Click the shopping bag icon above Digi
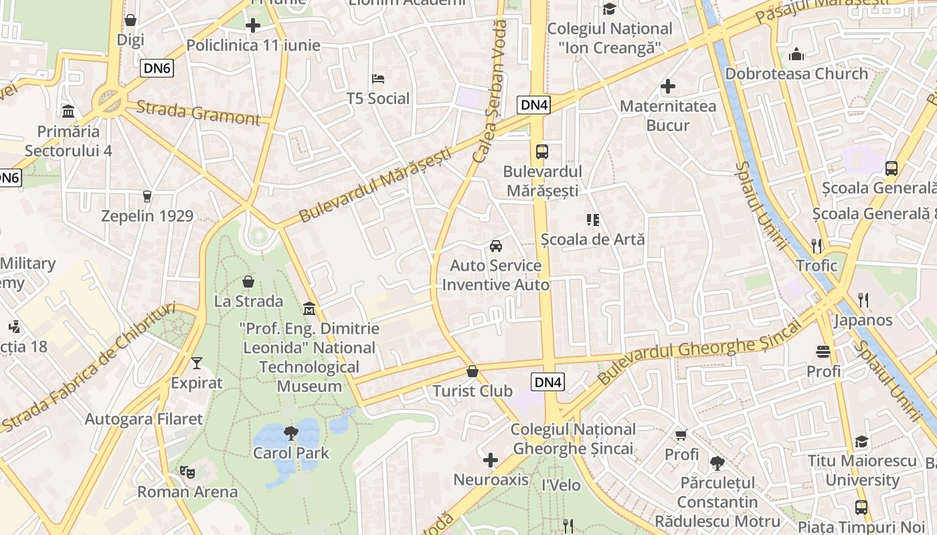pyautogui.click(x=131, y=21)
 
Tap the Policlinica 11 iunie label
pyautogui.click(x=253, y=45)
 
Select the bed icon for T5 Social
pyautogui.click(x=378, y=79)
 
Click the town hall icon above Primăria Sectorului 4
pyautogui.click(x=68, y=111)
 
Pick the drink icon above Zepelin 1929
pyautogui.click(x=147, y=196)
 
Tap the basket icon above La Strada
pyautogui.click(x=248, y=282)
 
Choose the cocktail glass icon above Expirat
pyautogui.click(x=196, y=363)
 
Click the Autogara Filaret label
pyautogui.click(x=143, y=419)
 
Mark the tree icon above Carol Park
pyautogui.click(x=290, y=433)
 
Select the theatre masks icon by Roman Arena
pyautogui.click(x=187, y=472)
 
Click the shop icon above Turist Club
pyautogui.click(x=473, y=371)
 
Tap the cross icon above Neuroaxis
pyautogui.click(x=491, y=460)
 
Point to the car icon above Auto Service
pyautogui.click(x=496, y=245)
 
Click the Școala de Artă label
pyautogui.click(x=592, y=239)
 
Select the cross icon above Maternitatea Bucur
pyautogui.click(x=667, y=86)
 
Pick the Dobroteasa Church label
pyautogui.click(x=796, y=74)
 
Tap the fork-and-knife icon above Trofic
pyautogui.click(x=817, y=246)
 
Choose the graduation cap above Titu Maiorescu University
pyautogui.click(x=861, y=441)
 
